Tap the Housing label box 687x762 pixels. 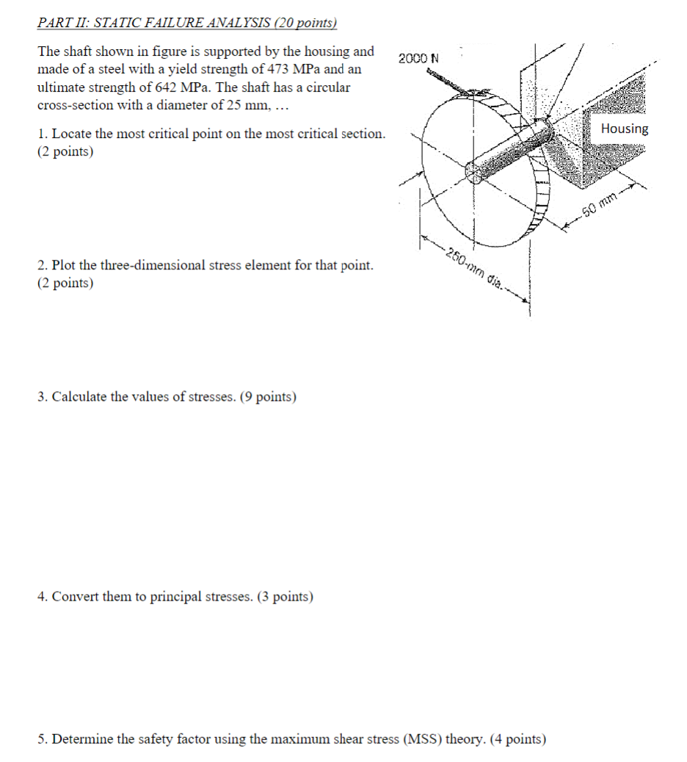point(624,128)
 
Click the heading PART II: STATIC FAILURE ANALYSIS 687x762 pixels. point(186,23)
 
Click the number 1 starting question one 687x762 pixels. point(41,134)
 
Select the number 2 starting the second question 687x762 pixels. point(41,265)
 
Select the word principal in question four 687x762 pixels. point(176,597)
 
